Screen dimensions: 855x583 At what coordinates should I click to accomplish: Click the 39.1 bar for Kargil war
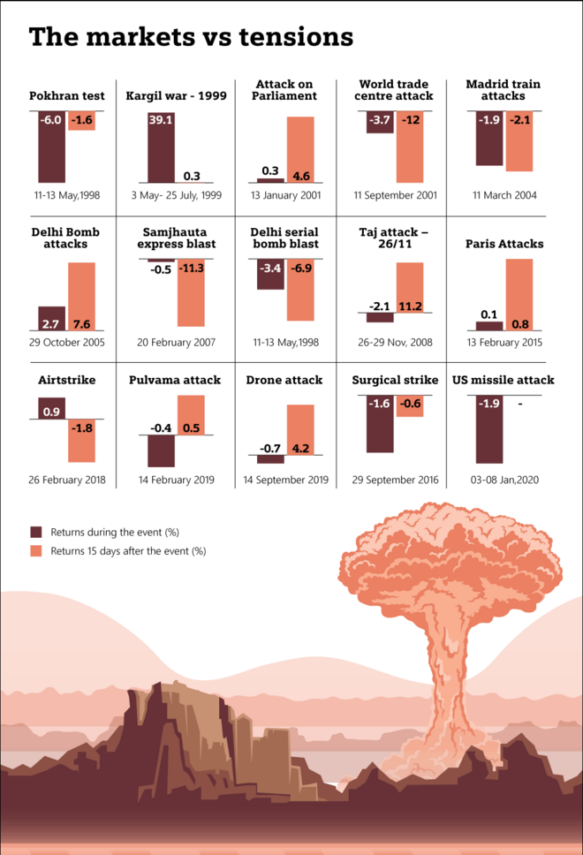pos(161,146)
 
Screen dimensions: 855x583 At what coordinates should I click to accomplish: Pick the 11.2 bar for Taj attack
pos(410,287)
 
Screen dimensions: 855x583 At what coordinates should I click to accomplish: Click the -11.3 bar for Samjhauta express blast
pos(191,293)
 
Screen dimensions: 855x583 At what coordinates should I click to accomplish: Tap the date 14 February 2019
pos(176,480)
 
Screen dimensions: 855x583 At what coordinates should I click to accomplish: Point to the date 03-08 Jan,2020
pos(503,480)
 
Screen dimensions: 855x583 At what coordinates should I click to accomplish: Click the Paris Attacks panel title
pos(504,244)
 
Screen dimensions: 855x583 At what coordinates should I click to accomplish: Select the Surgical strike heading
pos(395,380)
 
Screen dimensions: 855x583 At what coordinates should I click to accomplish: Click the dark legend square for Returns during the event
pos(36,532)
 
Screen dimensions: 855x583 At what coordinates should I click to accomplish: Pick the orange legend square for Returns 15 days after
pos(36,550)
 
